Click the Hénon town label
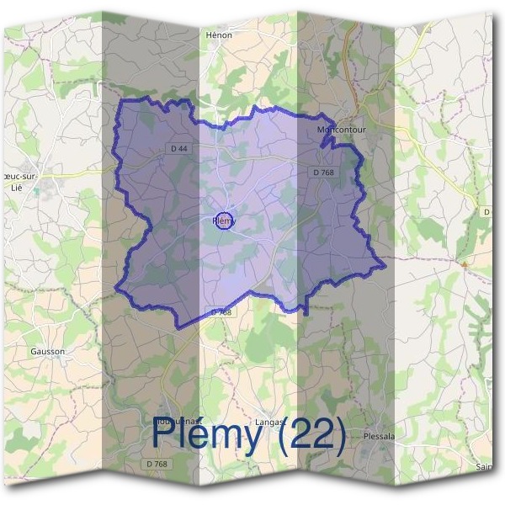[219, 35]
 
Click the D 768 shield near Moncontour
[322, 173]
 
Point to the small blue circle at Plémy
[224, 221]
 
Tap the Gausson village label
[46, 351]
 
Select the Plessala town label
[380, 436]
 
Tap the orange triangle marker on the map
[463, 263]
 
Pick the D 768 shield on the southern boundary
[221, 311]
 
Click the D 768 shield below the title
[156, 464]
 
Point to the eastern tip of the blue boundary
[385, 264]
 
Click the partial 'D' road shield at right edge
[487, 212]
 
